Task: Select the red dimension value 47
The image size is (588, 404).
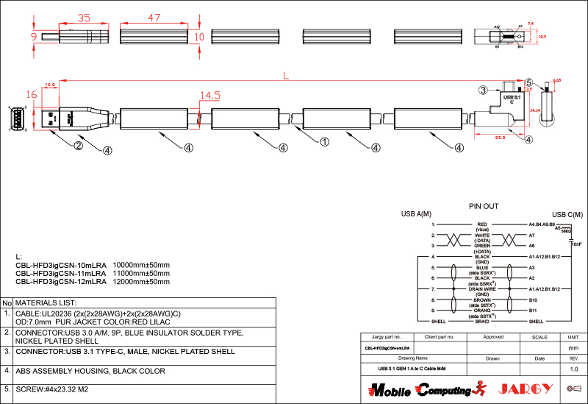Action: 154,17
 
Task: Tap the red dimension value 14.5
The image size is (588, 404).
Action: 210,96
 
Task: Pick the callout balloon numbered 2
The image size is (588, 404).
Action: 77,145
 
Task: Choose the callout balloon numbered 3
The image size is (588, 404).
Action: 483,91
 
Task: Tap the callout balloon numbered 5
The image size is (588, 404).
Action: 528,82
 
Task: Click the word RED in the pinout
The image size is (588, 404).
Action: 482,224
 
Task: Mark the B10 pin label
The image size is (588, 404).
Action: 534,300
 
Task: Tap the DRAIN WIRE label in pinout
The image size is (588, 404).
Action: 482,289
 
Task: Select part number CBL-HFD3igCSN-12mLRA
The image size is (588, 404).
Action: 61,281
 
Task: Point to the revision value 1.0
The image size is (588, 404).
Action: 574,368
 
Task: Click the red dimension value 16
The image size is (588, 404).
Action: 31,94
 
